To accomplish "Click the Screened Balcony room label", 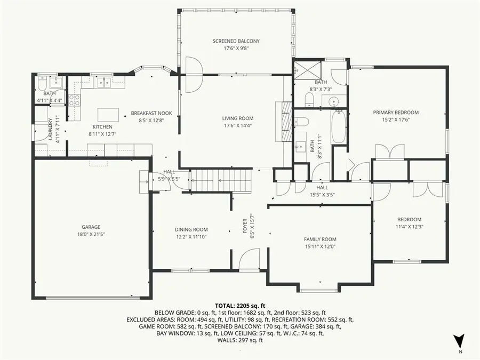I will click(236, 41).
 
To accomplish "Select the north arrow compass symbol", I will click(459, 341).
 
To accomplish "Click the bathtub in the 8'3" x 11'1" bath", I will click(339, 126).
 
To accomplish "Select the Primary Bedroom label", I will click(395, 113).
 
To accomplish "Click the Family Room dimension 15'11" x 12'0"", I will click(321, 246).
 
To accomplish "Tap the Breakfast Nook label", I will click(151, 113).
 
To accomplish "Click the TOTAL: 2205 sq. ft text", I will click(239, 306).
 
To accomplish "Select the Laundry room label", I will click(51, 130).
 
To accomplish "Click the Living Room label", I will click(238, 118).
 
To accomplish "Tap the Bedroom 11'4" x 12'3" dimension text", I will click(409, 226).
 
